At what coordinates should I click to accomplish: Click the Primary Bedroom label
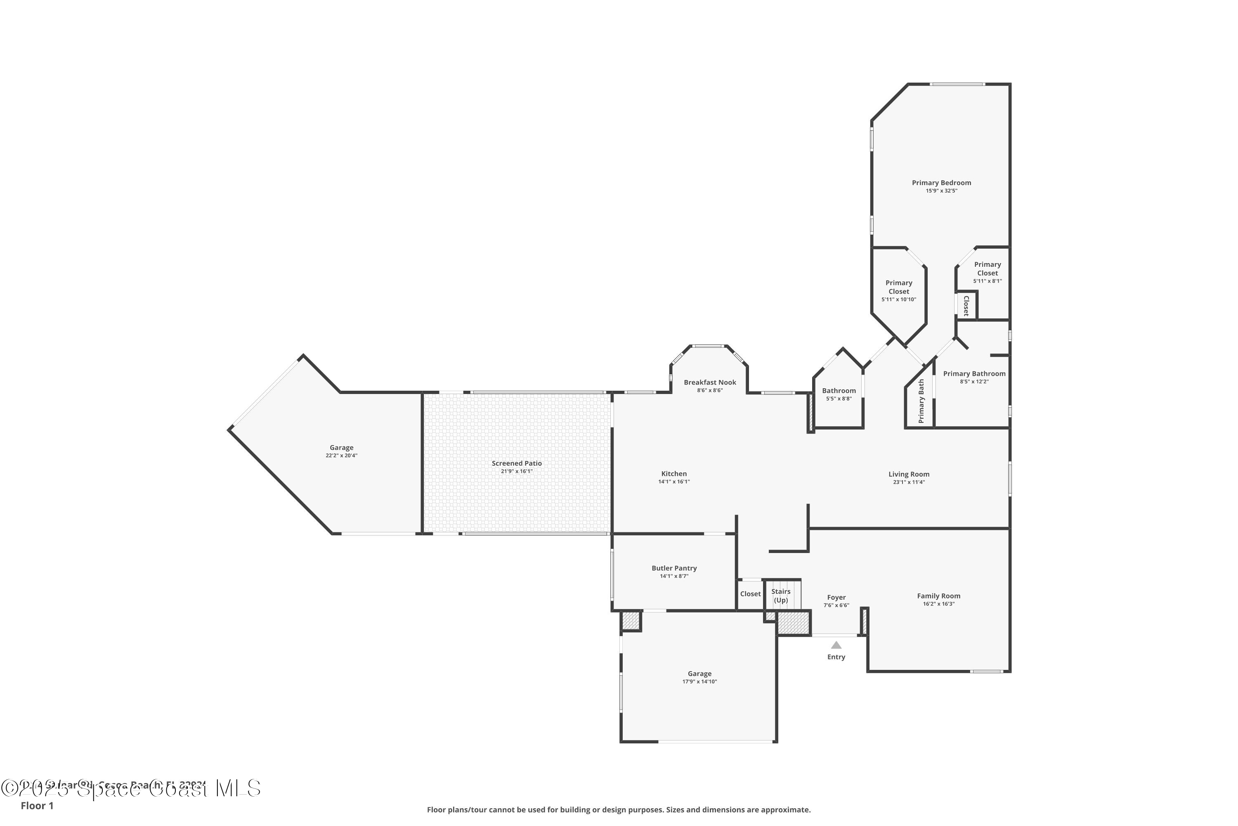pyautogui.click(x=941, y=183)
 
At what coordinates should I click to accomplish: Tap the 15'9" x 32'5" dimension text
pyautogui.click(x=941, y=191)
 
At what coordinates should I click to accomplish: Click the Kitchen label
pyautogui.click(x=674, y=474)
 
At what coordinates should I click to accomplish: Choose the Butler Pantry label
pyautogui.click(x=674, y=568)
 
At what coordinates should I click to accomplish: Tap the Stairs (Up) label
pyautogui.click(x=781, y=596)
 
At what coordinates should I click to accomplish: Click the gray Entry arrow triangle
pyautogui.click(x=836, y=645)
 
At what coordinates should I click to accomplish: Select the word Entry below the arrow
pyautogui.click(x=836, y=657)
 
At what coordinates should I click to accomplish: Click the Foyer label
pyautogui.click(x=836, y=597)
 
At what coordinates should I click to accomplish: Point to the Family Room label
pyautogui.click(x=938, y=596)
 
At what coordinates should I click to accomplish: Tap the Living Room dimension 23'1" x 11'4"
pyautogui.click(x=909, y=482)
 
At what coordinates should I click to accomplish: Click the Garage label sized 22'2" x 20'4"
pyautogui.click(x=341, y=448)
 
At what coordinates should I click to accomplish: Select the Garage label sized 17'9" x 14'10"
pyautogui.click(x=699, y=674)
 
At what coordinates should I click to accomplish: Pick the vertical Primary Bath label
pyautogui.click(x=921, y=401)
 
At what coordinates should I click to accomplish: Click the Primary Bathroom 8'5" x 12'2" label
pyautogui.click(x=974, y=374)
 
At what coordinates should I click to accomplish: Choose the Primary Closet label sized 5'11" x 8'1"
pyautogui.click(x=988, y=269)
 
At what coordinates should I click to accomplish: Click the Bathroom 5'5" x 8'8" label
pyautogui.click(x=839, y=391)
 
